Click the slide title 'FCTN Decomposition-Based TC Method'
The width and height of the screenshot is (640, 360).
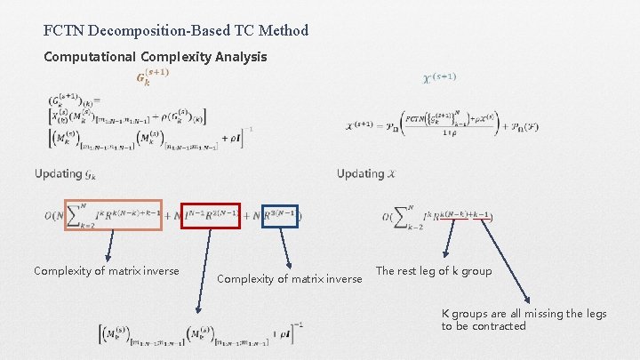pos(176,30)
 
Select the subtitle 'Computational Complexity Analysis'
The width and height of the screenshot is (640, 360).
pos(156,57)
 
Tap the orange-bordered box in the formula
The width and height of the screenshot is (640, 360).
pos(113,214)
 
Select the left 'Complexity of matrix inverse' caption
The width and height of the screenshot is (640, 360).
pos(106,271)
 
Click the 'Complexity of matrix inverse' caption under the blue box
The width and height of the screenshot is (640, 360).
pos(290,279)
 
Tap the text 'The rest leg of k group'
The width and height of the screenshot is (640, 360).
pos(434,271)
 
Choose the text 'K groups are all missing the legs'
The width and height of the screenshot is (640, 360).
pos(524,314)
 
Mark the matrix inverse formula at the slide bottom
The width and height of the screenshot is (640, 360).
pos(200,334)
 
